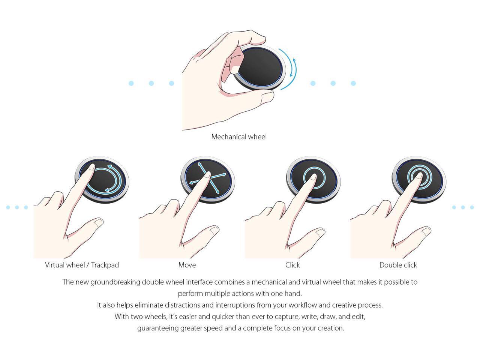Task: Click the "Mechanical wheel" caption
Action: (239, 137)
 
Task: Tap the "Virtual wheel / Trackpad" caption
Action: (82, 265)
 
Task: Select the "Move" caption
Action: (187, 265)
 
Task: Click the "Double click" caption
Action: (398, 265)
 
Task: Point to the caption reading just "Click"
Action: (292, 265)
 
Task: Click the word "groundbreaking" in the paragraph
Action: (115, 282)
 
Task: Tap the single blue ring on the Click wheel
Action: (314, 177)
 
